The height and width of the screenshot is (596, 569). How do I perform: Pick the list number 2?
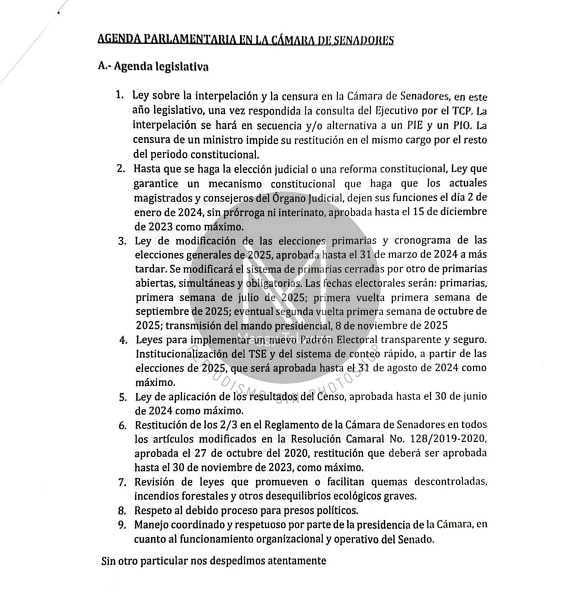121,169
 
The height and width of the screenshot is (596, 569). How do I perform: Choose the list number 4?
122,341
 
